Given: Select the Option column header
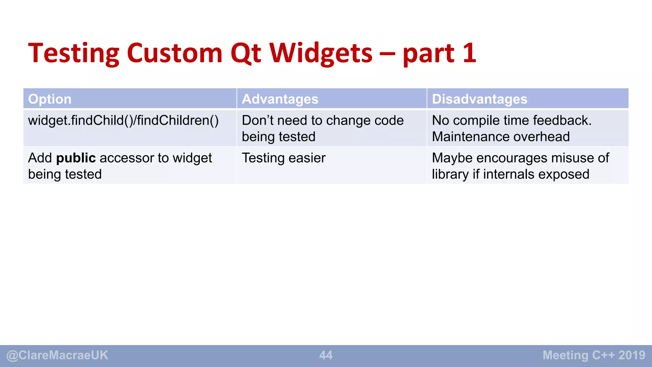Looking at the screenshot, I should pyautogui.click(x=50, y=99).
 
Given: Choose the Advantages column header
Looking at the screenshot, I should pyautogui.click(x=280, y=99).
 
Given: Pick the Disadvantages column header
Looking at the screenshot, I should pyautogui.click(x=479, y=99).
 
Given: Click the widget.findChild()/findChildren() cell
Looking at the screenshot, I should pyautogui.click(x=123, y=121).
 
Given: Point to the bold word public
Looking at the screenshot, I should pyautogui.click(x=76, y=158).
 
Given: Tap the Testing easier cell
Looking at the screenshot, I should pyautogui.click(x=283, y=158).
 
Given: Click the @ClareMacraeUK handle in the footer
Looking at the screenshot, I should pyautogui.click(x=57, y=355).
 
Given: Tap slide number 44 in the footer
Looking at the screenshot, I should pyautogui.click(x=326, y=355).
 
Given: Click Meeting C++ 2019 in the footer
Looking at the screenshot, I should pyautogui.click(x=594, y=355).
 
